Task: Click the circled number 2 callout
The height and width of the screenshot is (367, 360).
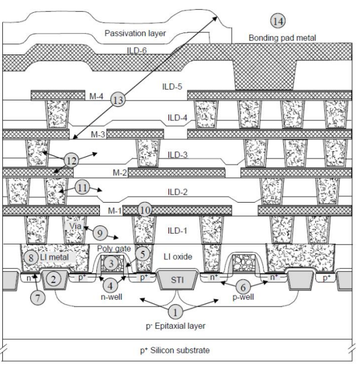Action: [53, 280]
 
